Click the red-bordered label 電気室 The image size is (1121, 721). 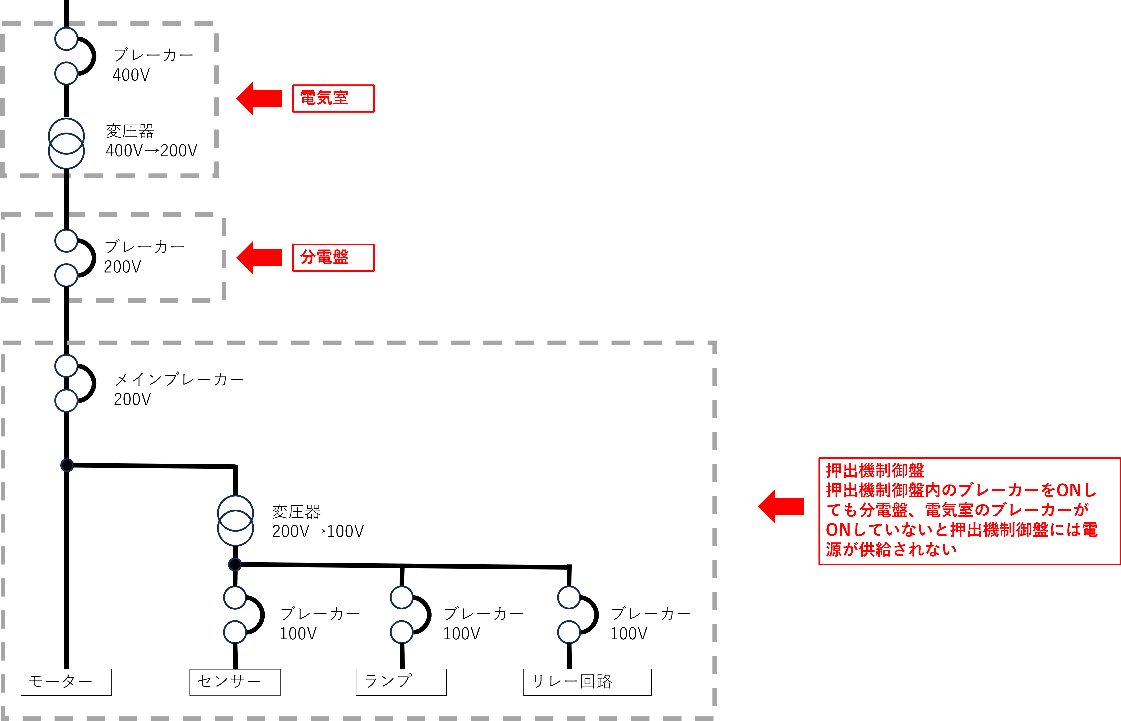tap(333, 98)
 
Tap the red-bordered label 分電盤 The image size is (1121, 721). tap(333, 257)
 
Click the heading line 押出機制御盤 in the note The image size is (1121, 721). tap(875, 470)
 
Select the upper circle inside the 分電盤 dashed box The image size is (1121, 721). tap(66, 241)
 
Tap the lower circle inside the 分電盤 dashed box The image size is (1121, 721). tap(66, 275)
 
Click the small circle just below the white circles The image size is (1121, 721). tap(67, 465)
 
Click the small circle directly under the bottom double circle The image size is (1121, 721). tap(235, 565)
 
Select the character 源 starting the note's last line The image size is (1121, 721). tap(834, 549)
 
